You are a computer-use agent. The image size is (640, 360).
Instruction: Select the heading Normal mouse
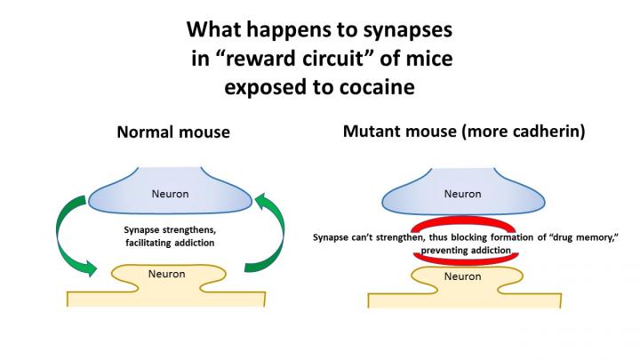(174, 132)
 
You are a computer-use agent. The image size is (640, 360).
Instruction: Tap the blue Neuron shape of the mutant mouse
(460, 192)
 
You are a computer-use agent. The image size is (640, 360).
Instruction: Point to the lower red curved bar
(460, 258)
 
